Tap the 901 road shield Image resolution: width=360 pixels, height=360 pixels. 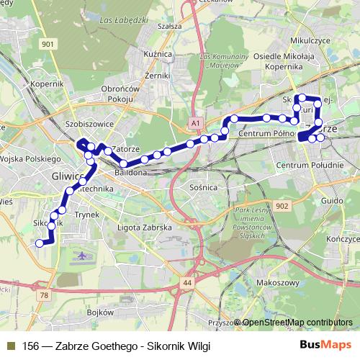click(x=48, y=45)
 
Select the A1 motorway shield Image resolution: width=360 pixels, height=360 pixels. click(x=195, y=124)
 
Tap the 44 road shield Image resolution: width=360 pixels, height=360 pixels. click(x=188, y=283)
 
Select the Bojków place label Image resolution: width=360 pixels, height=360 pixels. click(x=100, y=312)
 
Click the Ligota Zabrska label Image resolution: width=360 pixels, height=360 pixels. click(x=144, y=227)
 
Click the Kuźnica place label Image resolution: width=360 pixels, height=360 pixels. click(x=158, y=54)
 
